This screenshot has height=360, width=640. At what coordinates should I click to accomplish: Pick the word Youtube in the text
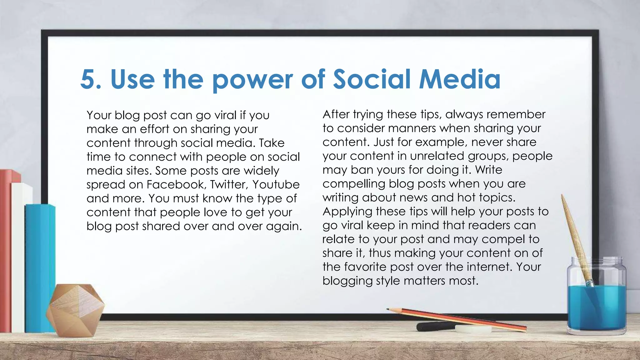pyautogui.click(x=276, y=184)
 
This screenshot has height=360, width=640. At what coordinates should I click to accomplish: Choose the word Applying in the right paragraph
pyautogui.click(x=347, y=212)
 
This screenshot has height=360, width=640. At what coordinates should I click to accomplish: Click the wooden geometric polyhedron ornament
pyautogui.click(x=75, y=309)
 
